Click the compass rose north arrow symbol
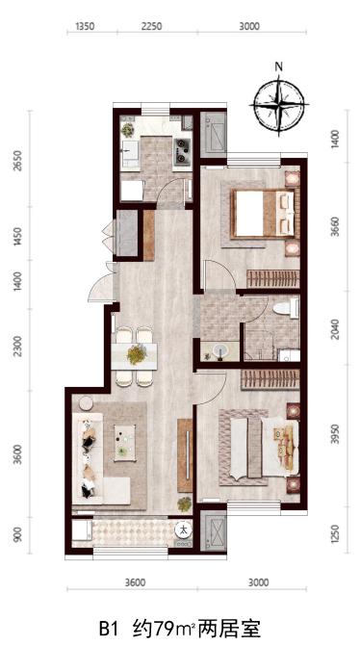279,104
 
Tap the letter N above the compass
279,66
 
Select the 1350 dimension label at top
85,27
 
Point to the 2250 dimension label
151,27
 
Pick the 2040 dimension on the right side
335,328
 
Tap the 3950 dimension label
335,434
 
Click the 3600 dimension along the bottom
136,582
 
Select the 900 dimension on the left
17,534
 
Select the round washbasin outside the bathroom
221,351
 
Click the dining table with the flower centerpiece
134,356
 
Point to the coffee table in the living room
124,443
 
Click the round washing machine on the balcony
184,530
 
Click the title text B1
109,630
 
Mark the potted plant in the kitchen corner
128,129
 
